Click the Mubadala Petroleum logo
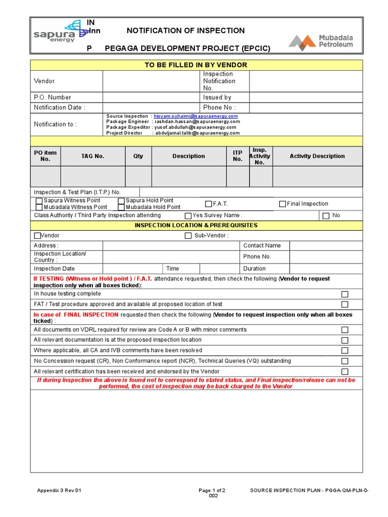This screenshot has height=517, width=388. (321, 42)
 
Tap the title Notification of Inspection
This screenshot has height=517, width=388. (185, 31)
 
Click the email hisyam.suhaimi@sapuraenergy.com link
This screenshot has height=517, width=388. (196, 116)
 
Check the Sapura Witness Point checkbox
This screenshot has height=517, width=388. (39, 201)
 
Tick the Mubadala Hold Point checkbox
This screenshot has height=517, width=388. (121, 207)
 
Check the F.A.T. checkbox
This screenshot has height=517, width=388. (209, 204)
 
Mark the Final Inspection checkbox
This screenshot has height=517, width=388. (282, 204)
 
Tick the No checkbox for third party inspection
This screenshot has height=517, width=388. (326, 216)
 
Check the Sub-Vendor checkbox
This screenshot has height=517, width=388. (188, 236)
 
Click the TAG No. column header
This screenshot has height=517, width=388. (92, 157)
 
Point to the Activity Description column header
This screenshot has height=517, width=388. (317, 157)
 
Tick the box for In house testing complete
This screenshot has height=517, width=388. (345, 294)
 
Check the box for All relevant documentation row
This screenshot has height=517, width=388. (345, 340)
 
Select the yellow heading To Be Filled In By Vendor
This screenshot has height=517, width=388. (196, 65)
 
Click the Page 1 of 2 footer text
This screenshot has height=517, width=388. (212, 490)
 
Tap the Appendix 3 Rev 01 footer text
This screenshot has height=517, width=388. (59, 490)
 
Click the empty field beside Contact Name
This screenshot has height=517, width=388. (326, 245)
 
